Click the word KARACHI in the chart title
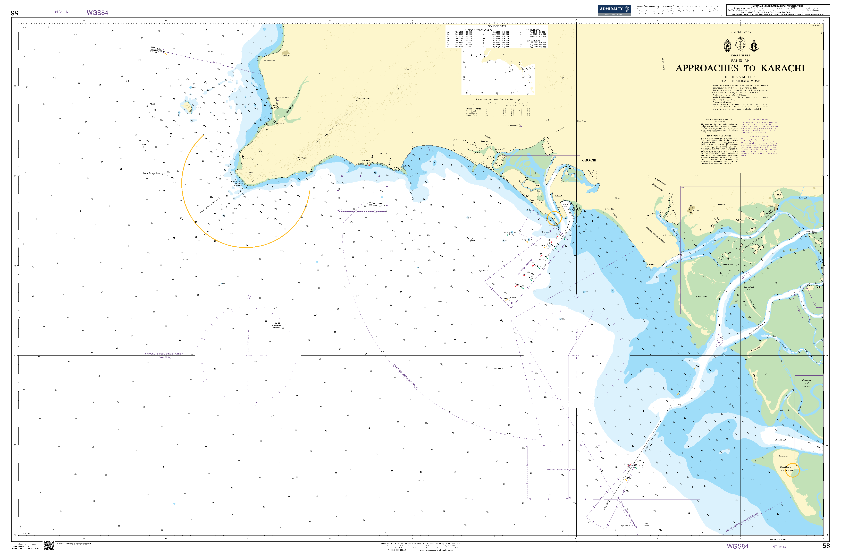click(782, 68)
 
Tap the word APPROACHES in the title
click(707, 68)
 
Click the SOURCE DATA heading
click(497, 26)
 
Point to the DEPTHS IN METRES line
click(740, 77)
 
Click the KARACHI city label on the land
click(589, 160)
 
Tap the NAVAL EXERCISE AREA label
click(164, 353)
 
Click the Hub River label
click(289, 108)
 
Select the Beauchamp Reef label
click(151, 173)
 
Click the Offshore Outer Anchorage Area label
click(561, 470)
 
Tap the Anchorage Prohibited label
click(525, 267)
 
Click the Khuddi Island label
click(785, 467)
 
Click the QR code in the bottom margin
click(49, 546)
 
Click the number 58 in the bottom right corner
click(826, 546)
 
